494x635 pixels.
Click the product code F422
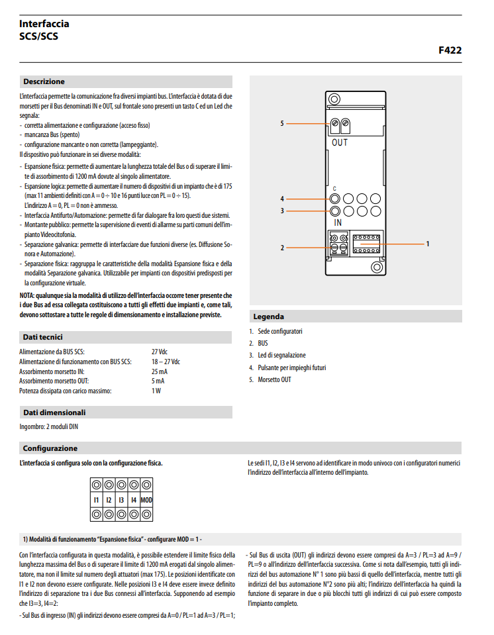tap(450, 50)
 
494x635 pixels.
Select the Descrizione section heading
tap(44, 81)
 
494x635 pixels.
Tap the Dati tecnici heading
tap(42, 337)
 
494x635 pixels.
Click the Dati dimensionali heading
tap(54, 412)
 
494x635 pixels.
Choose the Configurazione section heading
tap(50, 448)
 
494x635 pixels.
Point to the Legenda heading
tap(268, 317)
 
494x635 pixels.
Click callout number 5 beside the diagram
tap(281, 123)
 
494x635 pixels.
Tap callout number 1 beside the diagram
tap(428, 244)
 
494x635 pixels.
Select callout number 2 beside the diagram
tap(281, 248)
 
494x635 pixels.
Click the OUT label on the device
tap(339, 142)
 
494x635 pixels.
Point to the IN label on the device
tap(338, 223)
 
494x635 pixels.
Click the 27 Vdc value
tap(160, 352)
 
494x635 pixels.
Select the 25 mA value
tap(159, 371)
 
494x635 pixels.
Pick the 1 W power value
tap(156, 391)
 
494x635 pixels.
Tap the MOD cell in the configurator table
tap(146, 499)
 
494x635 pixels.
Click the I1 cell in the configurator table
tap(97, 499)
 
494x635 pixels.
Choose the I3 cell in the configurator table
tap(121, 499)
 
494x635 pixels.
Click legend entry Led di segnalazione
tap(281, 356)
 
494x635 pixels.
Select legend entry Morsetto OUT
tap(274, 379)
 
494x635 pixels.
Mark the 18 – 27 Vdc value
tap(166, 362)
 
